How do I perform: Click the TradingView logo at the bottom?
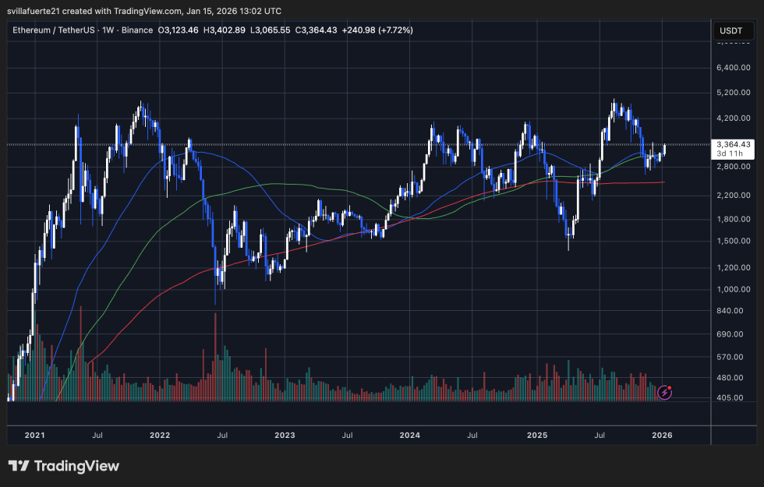coord(64,466)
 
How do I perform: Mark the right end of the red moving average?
coord(663,182)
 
